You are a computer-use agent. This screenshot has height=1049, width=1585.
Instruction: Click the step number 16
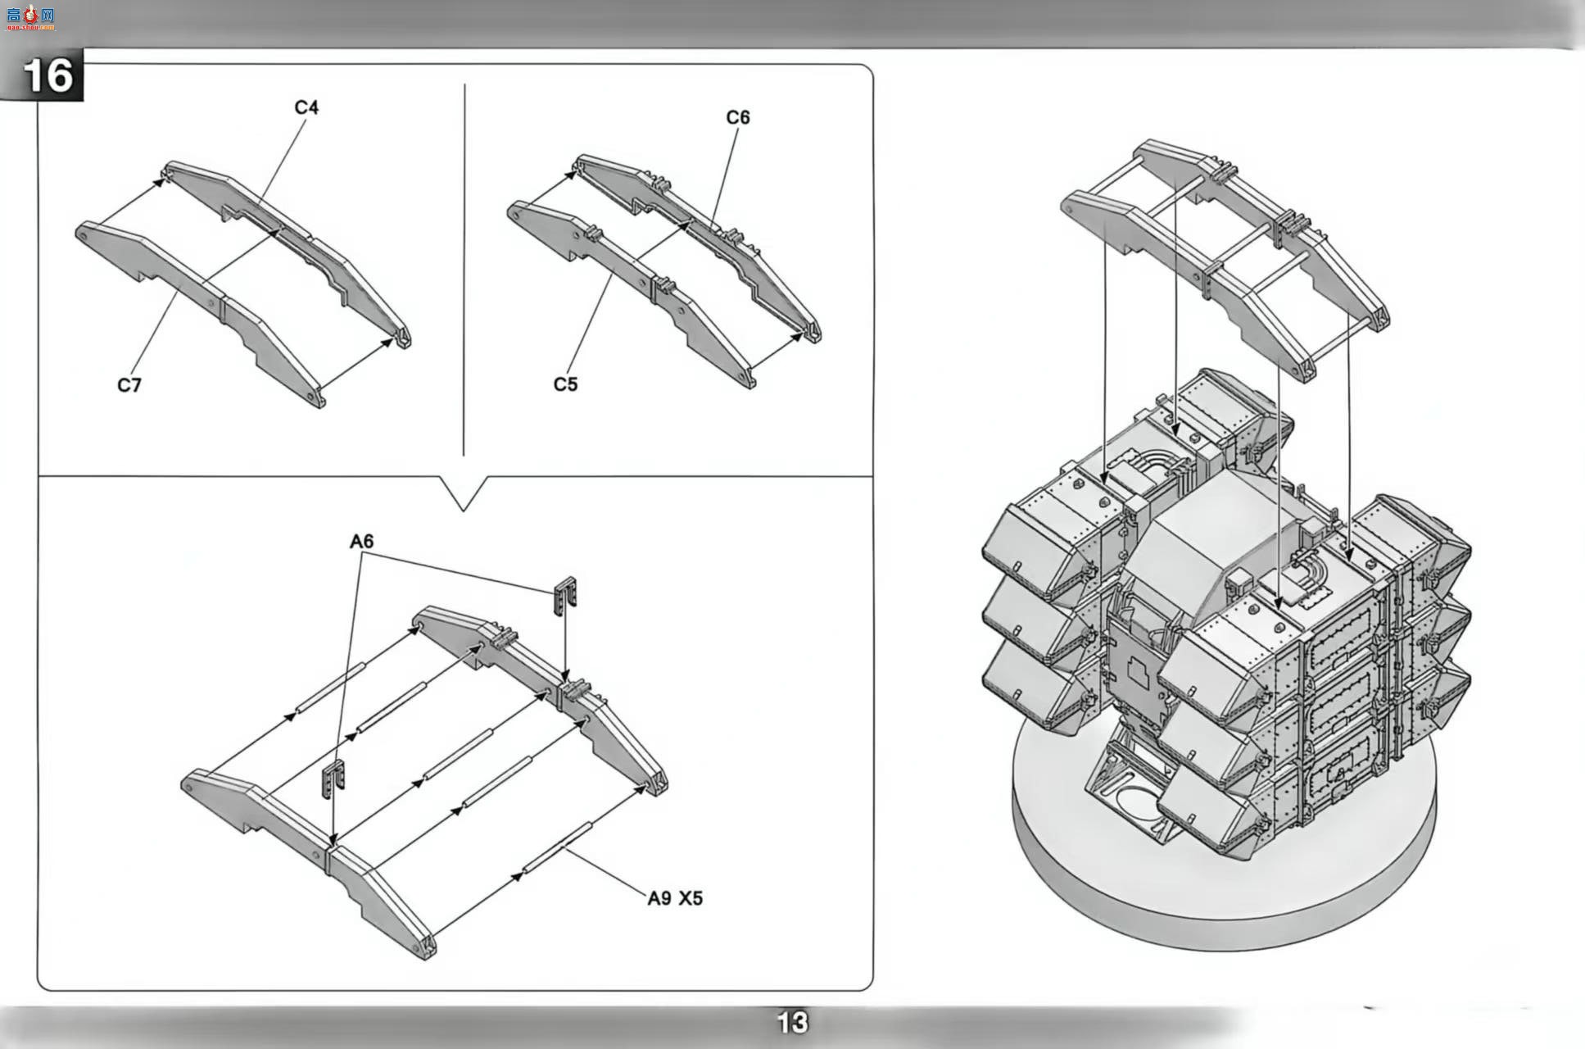[48, 75]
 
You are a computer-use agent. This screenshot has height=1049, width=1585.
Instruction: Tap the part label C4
[306, 107]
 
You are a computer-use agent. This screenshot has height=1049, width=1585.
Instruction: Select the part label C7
[129, 385]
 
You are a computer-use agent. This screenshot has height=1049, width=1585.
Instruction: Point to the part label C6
[738, 117]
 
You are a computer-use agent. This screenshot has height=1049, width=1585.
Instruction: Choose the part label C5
[565, 384]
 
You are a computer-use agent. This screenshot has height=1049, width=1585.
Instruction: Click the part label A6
[361, 541]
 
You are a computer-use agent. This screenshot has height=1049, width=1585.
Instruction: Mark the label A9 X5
[675, 898]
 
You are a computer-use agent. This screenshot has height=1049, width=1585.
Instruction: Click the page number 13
[792, 1022]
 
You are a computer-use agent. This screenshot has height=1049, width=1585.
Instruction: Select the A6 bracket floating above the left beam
[333, 777]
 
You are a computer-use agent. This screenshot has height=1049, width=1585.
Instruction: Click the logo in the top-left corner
[30, 16]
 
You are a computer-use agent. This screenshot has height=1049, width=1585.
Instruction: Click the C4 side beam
[287, 254]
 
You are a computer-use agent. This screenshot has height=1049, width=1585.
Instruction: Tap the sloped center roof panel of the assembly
[1212, 533]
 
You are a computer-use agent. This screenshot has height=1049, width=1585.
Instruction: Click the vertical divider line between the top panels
[464, 270]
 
